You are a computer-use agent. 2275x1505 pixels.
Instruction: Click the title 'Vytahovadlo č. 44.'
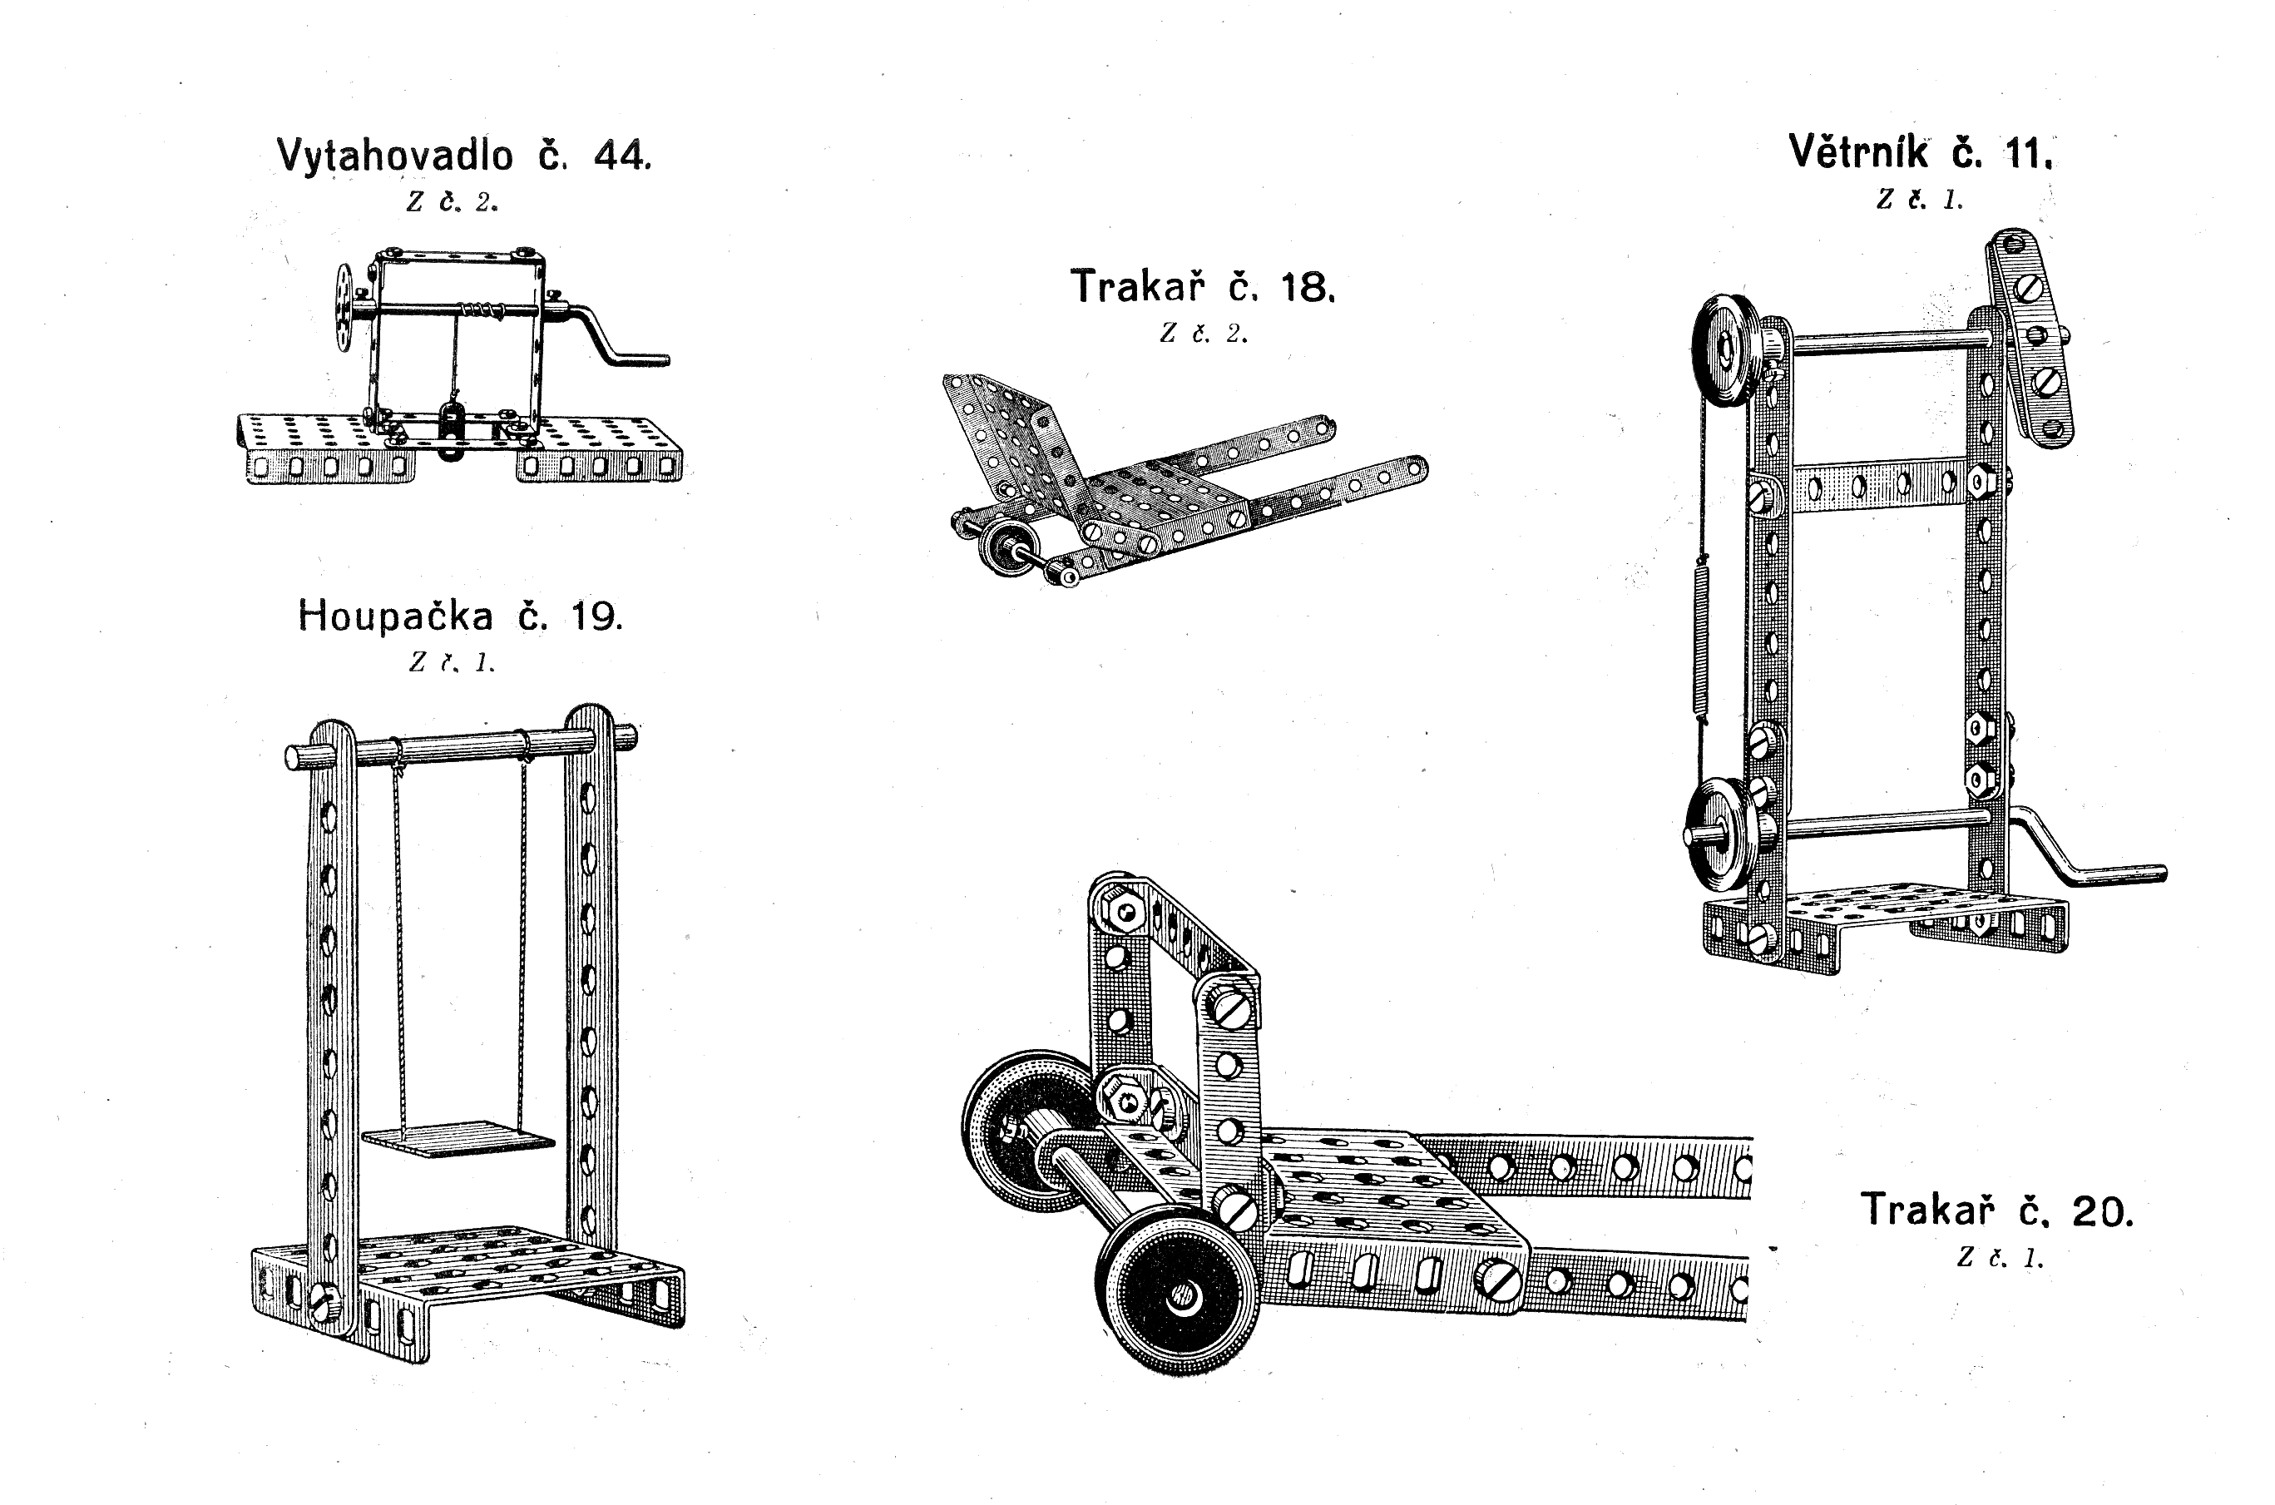pyautogui.click(x=464, y=156)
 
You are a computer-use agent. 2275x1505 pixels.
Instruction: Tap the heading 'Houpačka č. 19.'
pyautogui.click(x=461, y=616)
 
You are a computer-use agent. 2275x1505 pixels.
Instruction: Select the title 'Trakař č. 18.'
pyautogui.click(x=1202, y=287)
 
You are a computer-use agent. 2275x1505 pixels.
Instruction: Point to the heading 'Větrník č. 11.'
pyautogui.click(x=1920, y=152)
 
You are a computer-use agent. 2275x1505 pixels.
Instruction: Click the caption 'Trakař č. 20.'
pyautogui.click(x=1996, y=1210)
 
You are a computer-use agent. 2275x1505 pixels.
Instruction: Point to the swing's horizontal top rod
pyautogui.click(x=461, y=747)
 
